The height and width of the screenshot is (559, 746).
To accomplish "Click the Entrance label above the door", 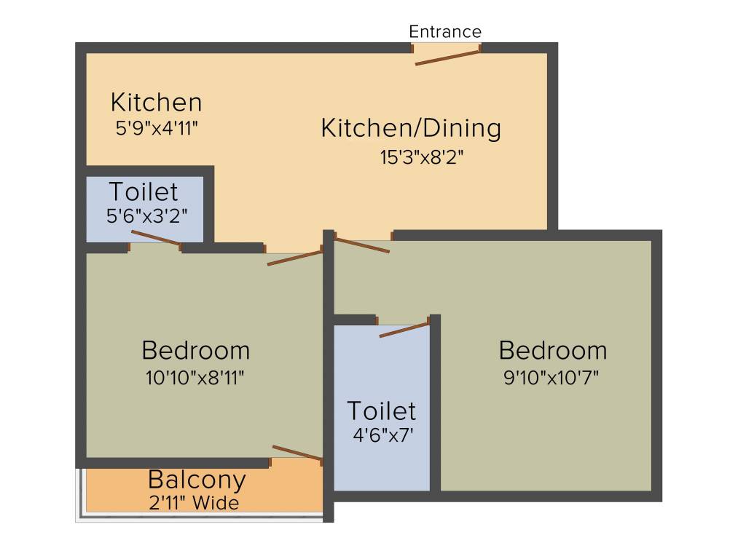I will (x=445, y=32).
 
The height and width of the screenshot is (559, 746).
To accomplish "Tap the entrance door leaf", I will (x=447, y=58).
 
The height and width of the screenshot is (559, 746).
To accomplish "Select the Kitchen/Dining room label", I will (x=411, y=129).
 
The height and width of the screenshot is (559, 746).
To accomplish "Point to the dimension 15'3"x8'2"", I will (x=422, y=156).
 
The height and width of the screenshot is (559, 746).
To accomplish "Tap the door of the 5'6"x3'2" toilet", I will (x=156, y=238).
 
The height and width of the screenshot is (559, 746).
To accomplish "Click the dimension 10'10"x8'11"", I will (x=195, y=378).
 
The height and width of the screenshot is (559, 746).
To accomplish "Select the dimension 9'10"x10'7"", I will (x=551, y=378).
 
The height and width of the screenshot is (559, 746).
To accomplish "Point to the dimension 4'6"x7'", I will (x=382, y=437).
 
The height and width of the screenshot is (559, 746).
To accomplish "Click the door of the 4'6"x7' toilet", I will (x=404, y=328).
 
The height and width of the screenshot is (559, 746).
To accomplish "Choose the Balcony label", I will (x=197, y=480).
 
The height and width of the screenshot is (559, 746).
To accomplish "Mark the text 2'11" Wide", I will (x=193, y=502).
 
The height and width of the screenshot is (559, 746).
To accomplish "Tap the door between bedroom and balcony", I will (x=297, y=453).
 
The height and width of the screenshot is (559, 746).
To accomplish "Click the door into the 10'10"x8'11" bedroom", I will (x=294, y=256).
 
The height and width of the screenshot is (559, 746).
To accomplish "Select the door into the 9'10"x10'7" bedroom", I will (x=361, y=245).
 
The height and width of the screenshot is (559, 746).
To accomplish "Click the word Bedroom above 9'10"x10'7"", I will (x=552, y=350).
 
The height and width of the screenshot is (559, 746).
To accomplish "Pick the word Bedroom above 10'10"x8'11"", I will (x=195, y=350).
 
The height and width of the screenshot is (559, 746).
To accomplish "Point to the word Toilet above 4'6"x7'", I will (x=382, y=411).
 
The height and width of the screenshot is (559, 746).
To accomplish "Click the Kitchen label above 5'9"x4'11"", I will (x=156, y=102).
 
